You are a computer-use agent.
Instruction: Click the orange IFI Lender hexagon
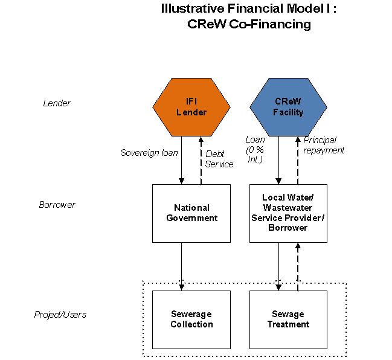click(191, 107)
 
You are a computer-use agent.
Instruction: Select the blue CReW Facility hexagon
click(288, 107)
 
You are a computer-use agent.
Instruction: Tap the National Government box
click(191, 213)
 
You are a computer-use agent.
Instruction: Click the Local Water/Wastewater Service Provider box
click(288, 213)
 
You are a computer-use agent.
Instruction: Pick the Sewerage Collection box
click(191, 320)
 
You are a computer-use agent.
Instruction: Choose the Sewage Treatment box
click(288, 320)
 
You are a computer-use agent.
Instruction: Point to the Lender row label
click(57, 103)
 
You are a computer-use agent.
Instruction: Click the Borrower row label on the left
click(57, 205)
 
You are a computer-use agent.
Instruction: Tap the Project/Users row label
click(60, 315)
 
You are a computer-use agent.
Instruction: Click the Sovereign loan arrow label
click(149, 153)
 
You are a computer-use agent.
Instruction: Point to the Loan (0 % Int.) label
click(255, 149)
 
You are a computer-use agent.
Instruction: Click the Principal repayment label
click(323, 145)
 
